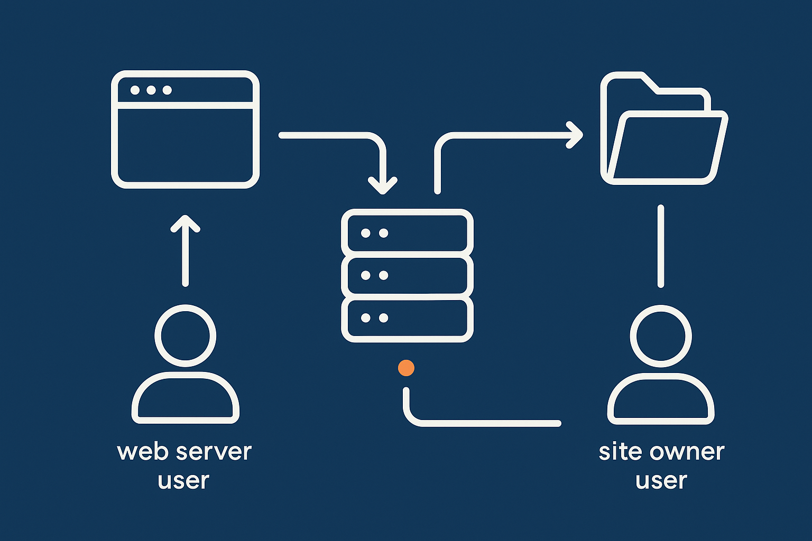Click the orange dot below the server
(x=406, y=368)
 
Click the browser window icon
(x=185, y=129)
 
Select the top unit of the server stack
(x=407, y=233)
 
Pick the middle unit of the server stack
(x=407, y=275)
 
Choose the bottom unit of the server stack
(x=407, y=318)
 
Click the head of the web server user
(x=186, y=336)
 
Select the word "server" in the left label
(x=214, y=452)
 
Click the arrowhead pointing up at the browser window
(x=186, y=223)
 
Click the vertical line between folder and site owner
(x=661, y=246)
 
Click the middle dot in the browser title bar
(x=151, y=90)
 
